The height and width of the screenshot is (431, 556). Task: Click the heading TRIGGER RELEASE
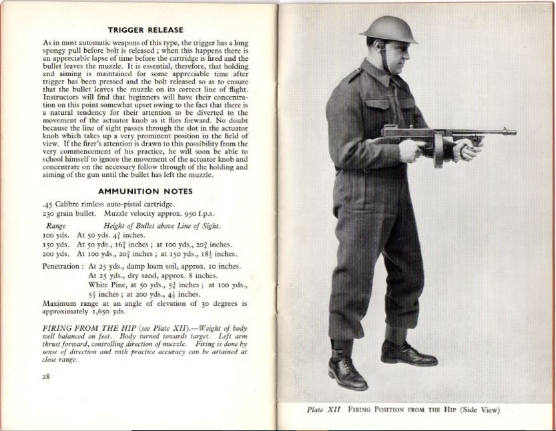click(x=145, y=29)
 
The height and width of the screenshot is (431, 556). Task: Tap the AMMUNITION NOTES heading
click(x=145, y=190)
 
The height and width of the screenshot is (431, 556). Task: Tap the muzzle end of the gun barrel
click(x=513, y=134)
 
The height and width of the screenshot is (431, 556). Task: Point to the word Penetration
click(x=61, y=266)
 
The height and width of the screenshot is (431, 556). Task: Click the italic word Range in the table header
click(x=56, y=226)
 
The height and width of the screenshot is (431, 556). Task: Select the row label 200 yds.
click(x=55, y=254)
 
